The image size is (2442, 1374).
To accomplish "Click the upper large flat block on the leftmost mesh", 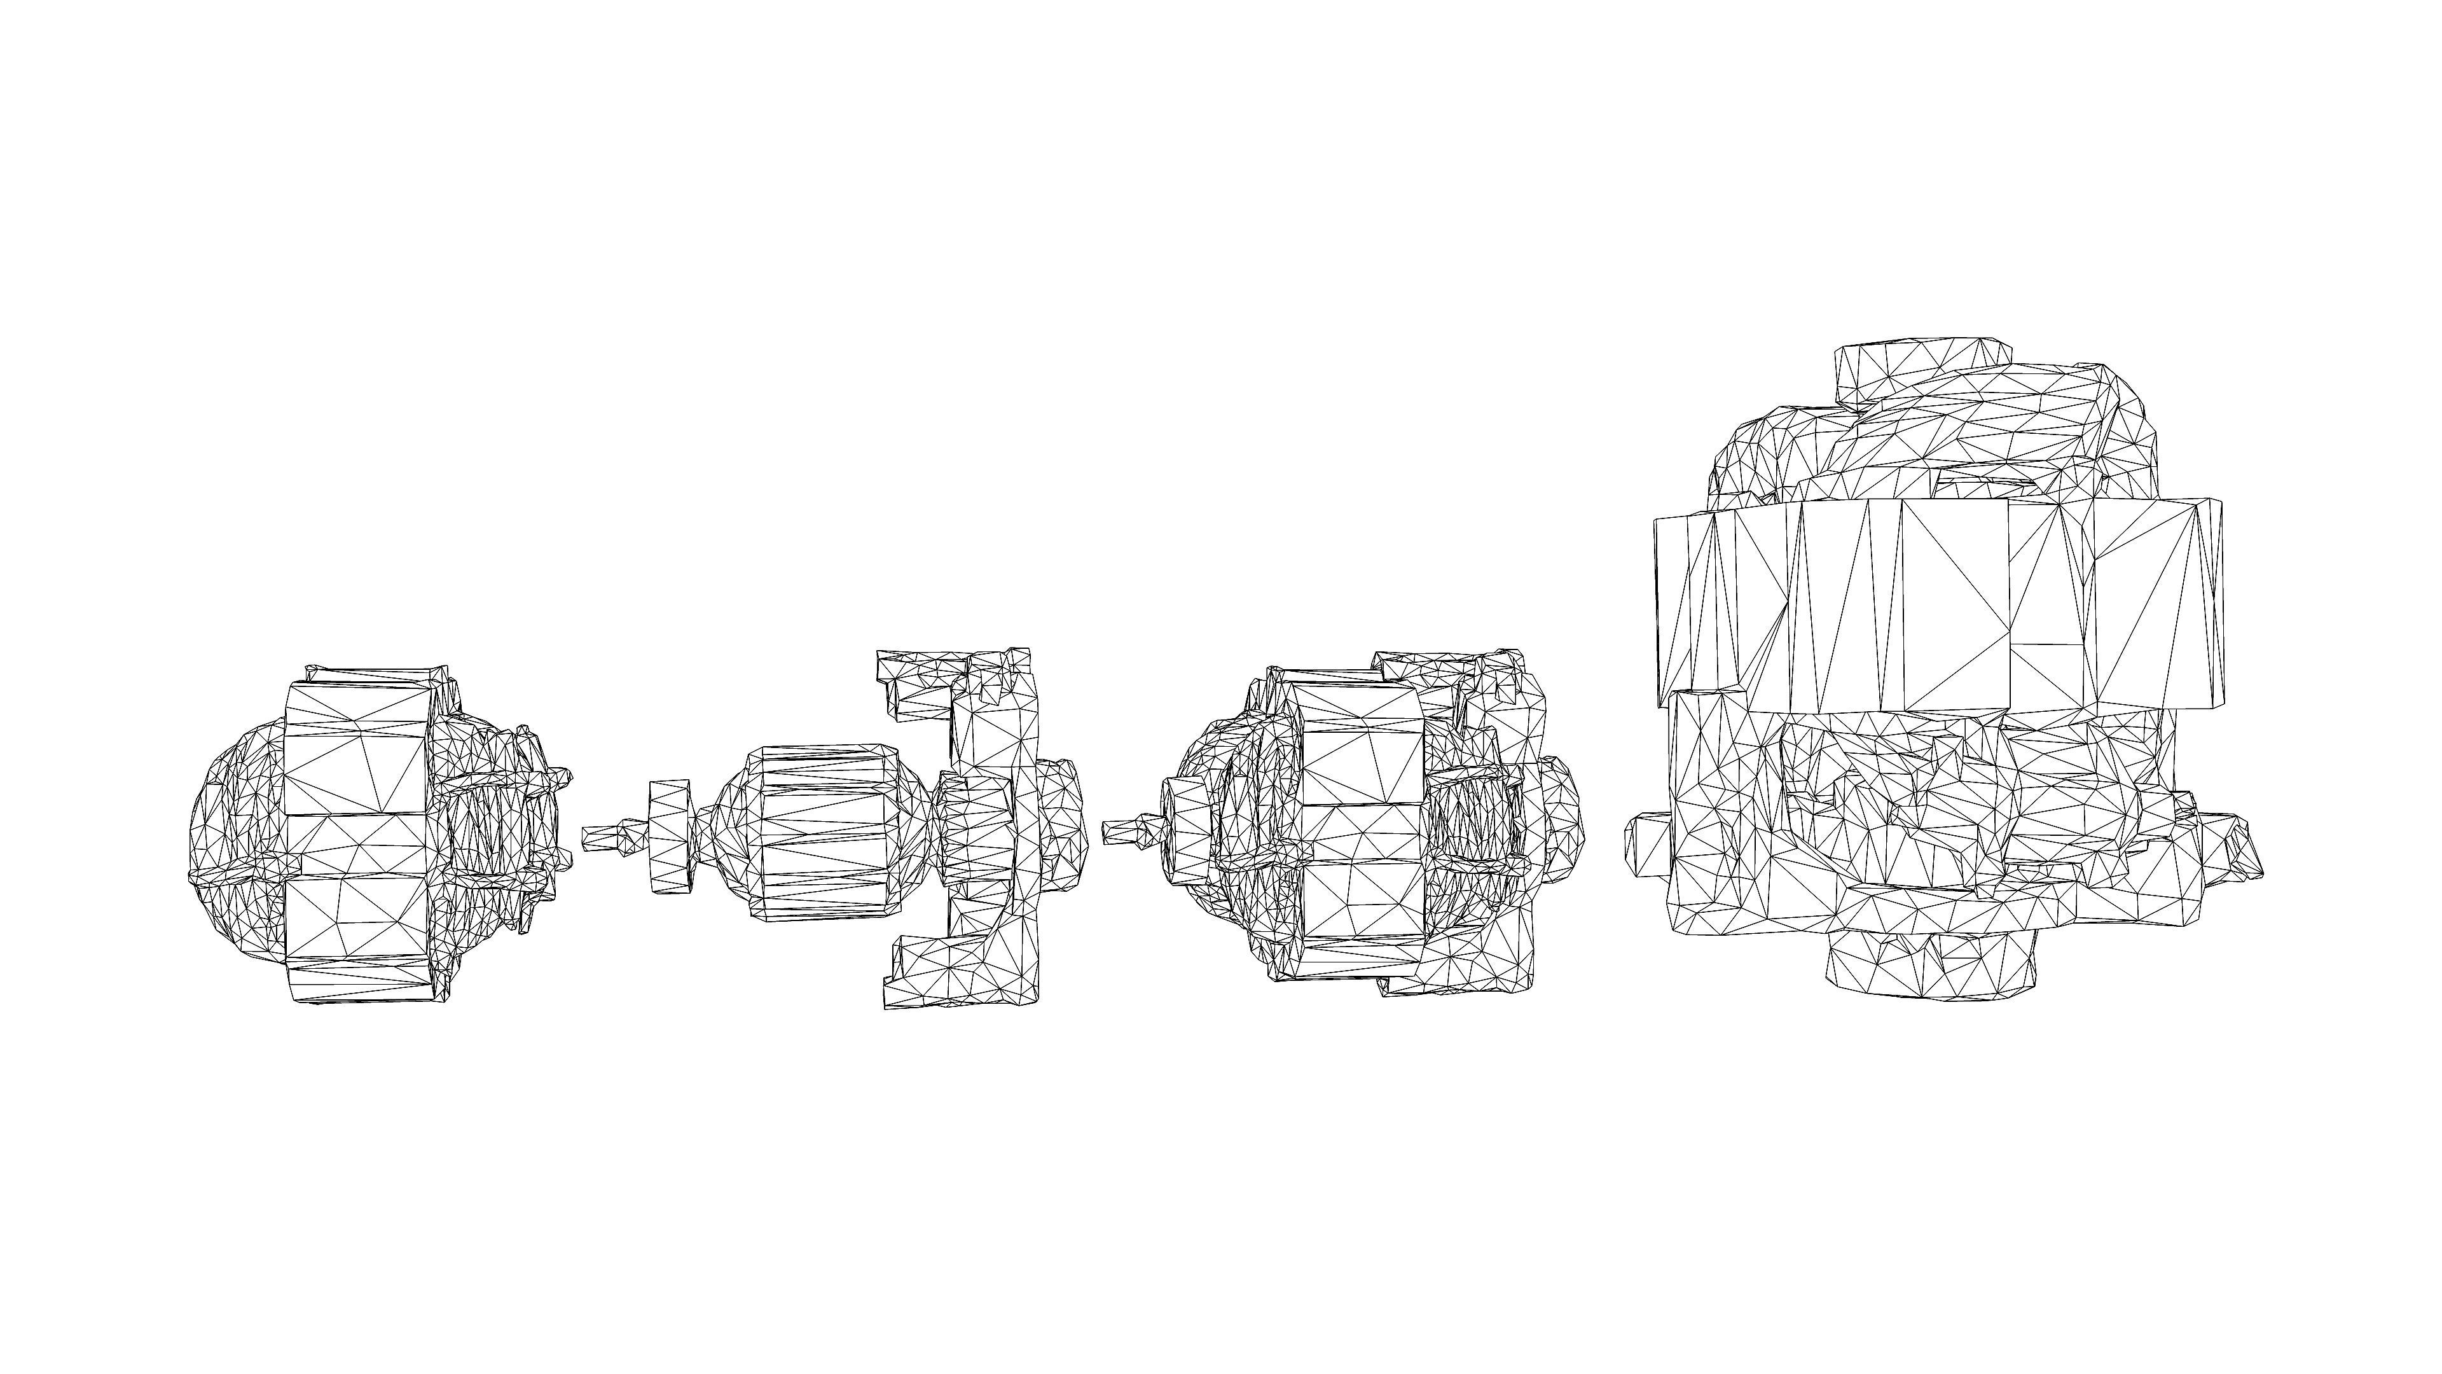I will pyautogui.click(x=355, y=749).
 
